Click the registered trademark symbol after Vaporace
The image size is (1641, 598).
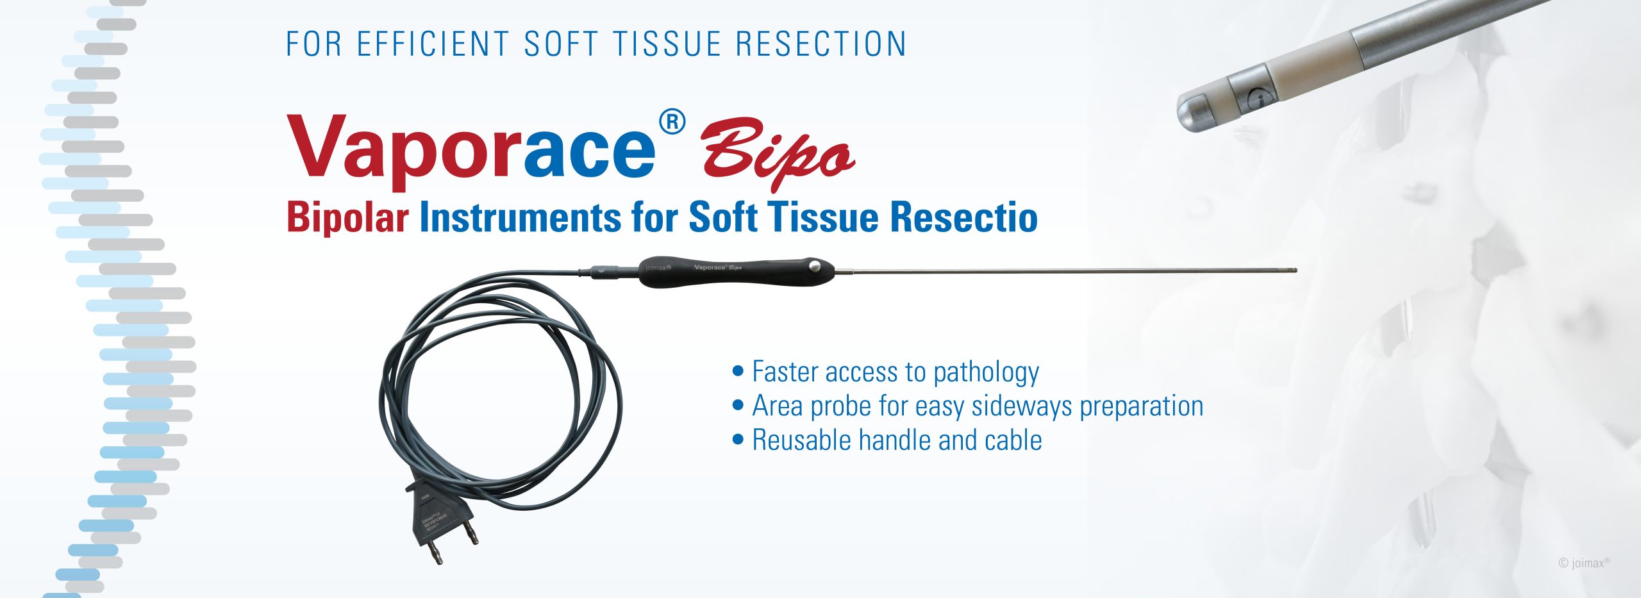(x=672, y=122)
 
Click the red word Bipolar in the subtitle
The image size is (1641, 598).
(x=347, y=217)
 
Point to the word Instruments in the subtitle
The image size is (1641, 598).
(x=520, y=217)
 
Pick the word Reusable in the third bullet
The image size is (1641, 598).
(x=801, y=440)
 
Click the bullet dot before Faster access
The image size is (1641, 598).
(x=738, y=370)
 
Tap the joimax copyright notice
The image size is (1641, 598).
(x=1583, y=563)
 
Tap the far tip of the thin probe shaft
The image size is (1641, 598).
(x=1294, y=270)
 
